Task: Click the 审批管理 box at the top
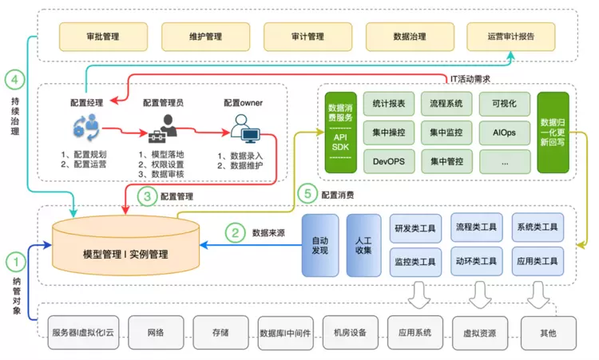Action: click(103, 36)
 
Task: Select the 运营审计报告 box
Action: click(510, 36)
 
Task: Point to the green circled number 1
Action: click(16, 260)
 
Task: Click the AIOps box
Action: click(503, 132)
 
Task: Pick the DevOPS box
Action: click(388, 160)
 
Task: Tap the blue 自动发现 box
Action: click(319, 245)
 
